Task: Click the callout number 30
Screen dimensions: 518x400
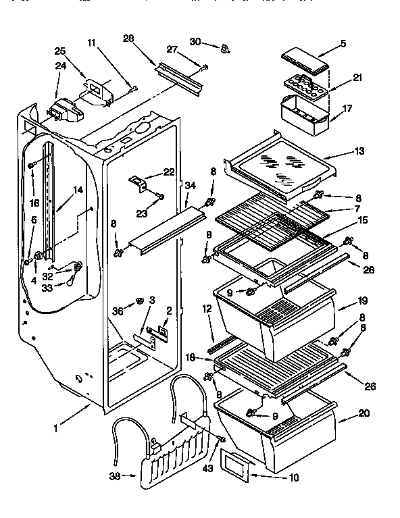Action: coord(195,42)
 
